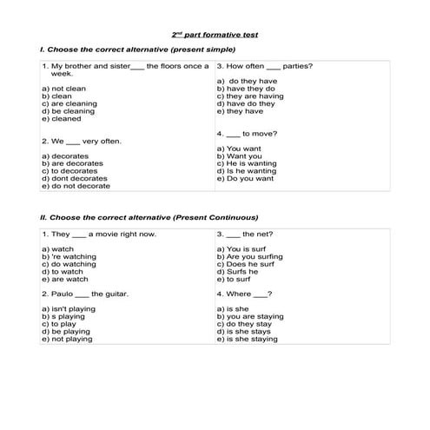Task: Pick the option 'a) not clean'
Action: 63,89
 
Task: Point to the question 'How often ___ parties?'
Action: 265,66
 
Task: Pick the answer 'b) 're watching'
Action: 69,256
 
